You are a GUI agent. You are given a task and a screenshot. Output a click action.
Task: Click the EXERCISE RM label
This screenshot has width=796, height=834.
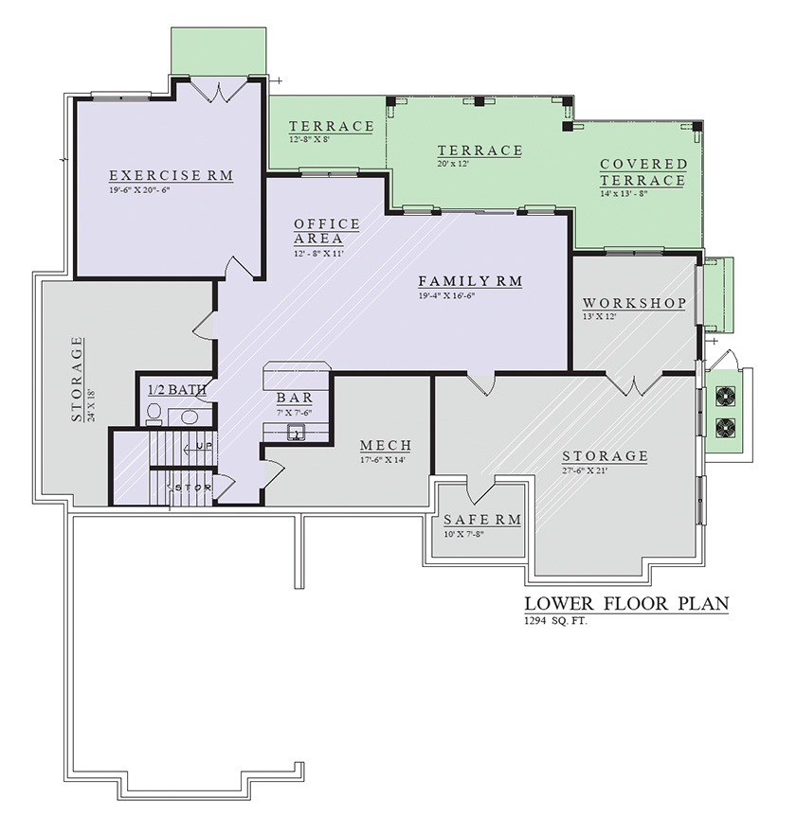pos(172,175)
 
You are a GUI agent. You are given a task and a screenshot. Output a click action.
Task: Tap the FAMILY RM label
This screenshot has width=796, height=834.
pos(470,281)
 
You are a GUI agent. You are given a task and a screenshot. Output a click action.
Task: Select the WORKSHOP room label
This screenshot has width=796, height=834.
pos(634,303)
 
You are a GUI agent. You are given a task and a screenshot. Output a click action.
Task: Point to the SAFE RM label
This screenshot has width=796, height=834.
pos(482,520)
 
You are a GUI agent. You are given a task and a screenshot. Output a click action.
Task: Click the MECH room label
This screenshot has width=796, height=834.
pos(386,445)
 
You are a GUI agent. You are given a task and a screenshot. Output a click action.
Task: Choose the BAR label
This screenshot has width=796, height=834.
pos(295,398)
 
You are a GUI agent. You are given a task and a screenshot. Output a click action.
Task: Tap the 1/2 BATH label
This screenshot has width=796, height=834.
pos(177,390)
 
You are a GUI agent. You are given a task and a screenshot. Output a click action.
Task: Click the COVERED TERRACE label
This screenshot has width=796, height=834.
pos(643,172)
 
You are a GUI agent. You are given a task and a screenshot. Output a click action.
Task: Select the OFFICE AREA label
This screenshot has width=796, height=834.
pos(326,231)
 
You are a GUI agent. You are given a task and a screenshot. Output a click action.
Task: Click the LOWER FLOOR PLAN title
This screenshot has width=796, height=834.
pos(626,604)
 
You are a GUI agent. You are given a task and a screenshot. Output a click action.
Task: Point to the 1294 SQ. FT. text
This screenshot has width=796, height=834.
pos(556,621)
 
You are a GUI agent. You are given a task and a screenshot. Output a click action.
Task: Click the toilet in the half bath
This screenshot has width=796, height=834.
pos(154,414)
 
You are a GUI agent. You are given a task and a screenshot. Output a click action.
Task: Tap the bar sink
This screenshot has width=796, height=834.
pos(296,433)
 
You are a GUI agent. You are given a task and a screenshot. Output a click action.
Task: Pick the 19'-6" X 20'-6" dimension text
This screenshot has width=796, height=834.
pos(139,190)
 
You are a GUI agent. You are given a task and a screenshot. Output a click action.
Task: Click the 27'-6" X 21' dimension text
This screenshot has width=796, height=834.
pos(585,470)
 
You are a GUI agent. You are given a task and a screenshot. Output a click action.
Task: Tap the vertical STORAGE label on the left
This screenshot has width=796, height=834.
pos(78,379)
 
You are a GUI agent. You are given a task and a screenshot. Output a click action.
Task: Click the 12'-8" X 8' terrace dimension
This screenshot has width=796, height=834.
pos(310,139)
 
